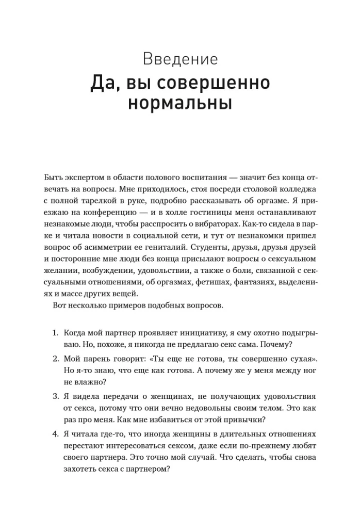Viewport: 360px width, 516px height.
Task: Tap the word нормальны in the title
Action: tap(179, 102)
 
